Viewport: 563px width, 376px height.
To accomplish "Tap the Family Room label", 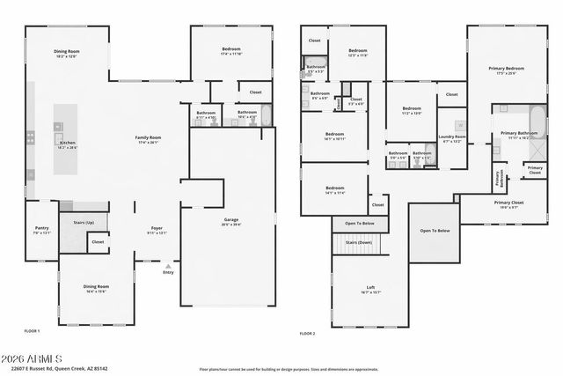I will (148, 138).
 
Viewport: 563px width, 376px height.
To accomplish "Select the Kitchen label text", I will (67, 144).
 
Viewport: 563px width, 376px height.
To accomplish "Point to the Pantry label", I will (41, 228).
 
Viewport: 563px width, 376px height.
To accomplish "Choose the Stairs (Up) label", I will (84, 223).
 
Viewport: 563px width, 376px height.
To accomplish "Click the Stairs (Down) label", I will (358, 241).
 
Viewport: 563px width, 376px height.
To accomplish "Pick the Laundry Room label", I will (453, 137).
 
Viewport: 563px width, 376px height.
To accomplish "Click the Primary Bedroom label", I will (506, 68).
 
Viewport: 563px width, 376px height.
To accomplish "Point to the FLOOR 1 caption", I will (32, 331).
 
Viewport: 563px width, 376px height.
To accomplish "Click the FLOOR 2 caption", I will (307, 334).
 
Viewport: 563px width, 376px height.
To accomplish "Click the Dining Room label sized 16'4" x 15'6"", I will (96, 288).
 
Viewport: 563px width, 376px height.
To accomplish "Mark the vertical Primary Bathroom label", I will (499, 178).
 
